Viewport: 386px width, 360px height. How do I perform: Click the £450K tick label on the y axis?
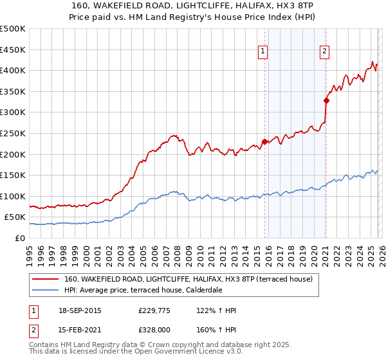13,50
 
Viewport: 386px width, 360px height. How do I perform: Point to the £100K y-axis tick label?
13,196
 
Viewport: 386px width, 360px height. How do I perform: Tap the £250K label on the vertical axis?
13,133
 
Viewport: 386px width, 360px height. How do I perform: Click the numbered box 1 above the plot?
264,53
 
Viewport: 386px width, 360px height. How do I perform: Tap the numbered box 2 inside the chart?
325,53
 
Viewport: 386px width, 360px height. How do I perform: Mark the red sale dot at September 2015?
264,142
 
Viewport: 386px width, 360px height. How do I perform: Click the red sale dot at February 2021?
326,100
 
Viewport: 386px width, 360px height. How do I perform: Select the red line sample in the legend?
46,279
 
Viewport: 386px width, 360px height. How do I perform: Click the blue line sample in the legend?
46,290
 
